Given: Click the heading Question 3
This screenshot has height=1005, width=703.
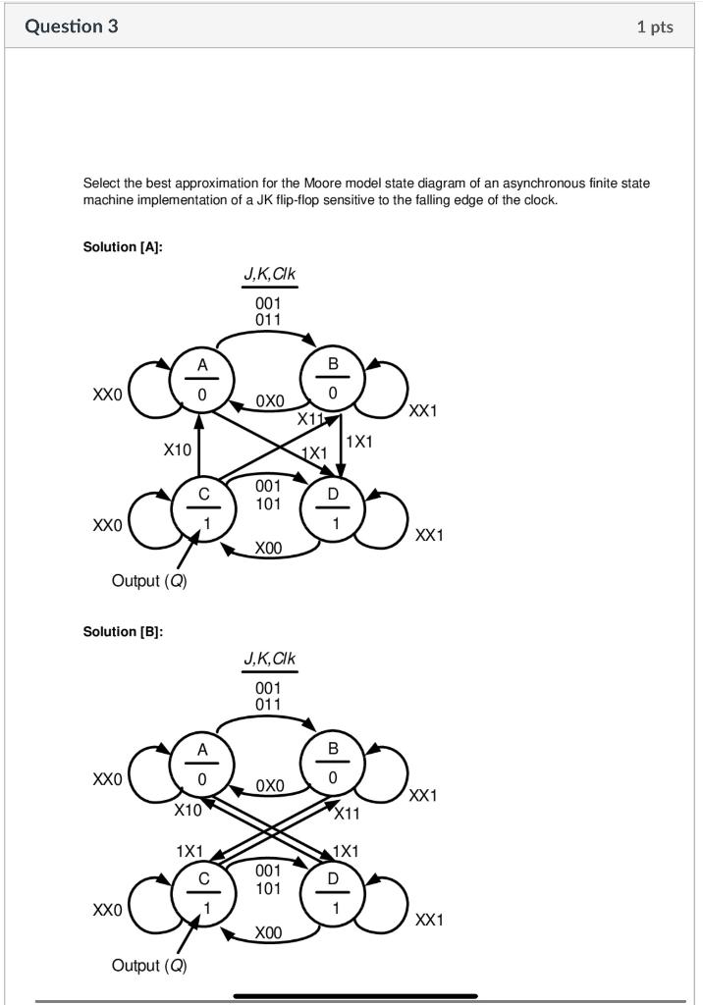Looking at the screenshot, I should pos(72,26).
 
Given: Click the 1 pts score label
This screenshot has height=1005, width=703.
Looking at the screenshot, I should pos(655,26).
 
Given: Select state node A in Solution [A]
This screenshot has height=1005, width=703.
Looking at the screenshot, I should pos(202,380).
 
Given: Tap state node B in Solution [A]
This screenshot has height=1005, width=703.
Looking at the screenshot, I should pos(333,380).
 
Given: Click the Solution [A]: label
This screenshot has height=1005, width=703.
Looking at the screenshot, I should pos(123,246).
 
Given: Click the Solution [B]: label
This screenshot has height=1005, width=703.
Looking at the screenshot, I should pos(123,631).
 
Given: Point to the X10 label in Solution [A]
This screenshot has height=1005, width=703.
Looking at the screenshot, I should pos(178,450).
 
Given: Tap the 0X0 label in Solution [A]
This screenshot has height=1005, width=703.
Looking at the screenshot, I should pos(269,401).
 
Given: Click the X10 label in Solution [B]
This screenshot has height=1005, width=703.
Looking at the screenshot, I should pos(188,811).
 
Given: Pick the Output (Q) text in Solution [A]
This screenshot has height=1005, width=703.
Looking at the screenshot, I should pos(149,581).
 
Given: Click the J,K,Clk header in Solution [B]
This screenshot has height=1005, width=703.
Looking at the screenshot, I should pos(269,660).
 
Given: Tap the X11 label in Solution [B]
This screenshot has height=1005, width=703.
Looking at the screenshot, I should pos(347,813).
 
